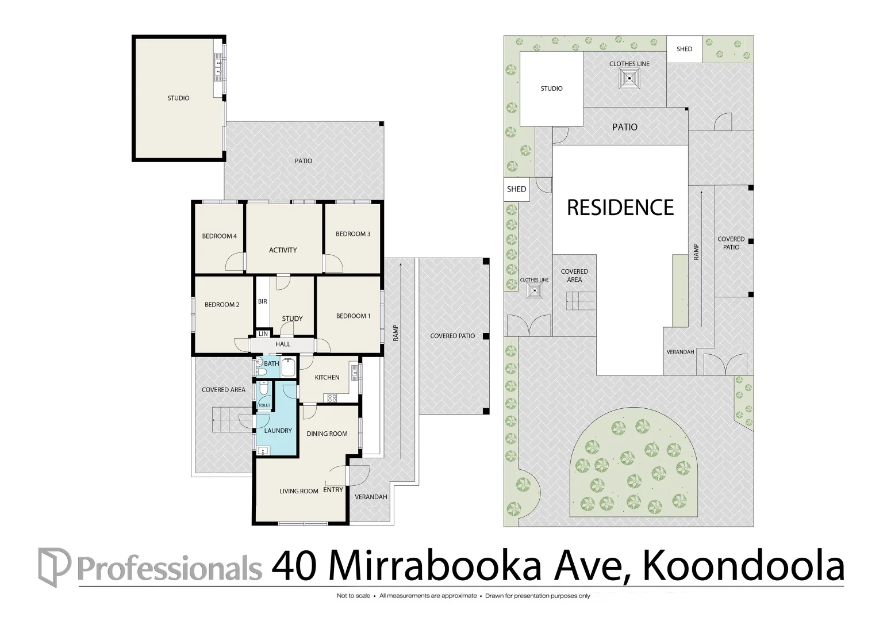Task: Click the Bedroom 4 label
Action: pos(220,236)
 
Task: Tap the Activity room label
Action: pos(283,250)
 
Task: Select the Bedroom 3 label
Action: pos(353,234)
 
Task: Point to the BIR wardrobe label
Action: pos(263,301)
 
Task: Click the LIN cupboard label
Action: pos(263,334)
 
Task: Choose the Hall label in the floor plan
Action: pos(283,344)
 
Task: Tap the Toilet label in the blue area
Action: pos(264,405)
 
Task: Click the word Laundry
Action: pos(278,431)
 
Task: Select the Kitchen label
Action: pos(327,377)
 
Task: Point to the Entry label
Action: pos(333,490)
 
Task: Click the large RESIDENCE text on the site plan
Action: pos(620,208)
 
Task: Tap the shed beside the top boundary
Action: pos(684,49)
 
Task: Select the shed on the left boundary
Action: pos(516,189)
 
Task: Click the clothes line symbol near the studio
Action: pos(629,78)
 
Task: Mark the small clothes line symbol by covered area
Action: pos(535,291)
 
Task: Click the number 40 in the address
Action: pos(294,567)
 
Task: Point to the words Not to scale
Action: pos(353,596)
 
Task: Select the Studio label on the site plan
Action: pos(552,89)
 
